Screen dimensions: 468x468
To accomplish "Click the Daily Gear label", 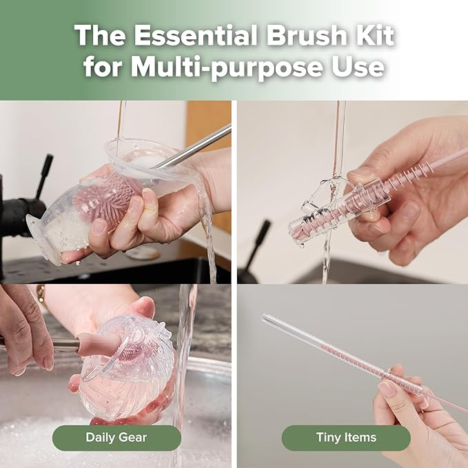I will [116, 437].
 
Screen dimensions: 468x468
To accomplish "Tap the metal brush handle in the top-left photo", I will [200, 145].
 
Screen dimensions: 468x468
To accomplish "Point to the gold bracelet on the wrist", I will [41, 292].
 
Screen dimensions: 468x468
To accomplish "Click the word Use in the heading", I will [362, 68].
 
